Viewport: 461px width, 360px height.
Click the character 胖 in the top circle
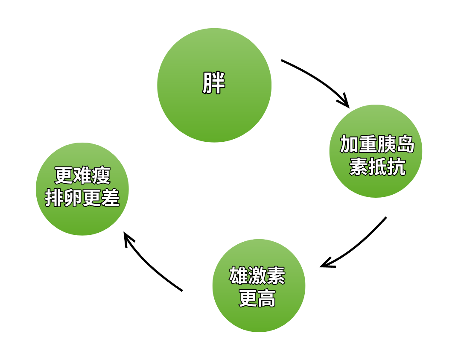coord(214,83)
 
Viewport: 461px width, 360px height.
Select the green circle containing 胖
coord(214,111)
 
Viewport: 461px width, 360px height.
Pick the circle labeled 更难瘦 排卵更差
coord(82,218)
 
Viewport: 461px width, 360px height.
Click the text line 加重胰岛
coord(377,145)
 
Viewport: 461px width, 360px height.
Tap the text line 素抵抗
coord(377,167)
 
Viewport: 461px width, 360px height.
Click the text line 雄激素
coord(257,276)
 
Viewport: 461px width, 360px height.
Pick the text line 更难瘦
coord(82,176)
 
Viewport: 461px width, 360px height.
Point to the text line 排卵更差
coord(82,198)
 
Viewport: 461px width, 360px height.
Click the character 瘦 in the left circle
coord(101,176)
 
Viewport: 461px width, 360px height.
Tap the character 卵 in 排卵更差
coord(73,198)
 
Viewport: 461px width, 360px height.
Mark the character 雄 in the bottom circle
coord(238,276)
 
